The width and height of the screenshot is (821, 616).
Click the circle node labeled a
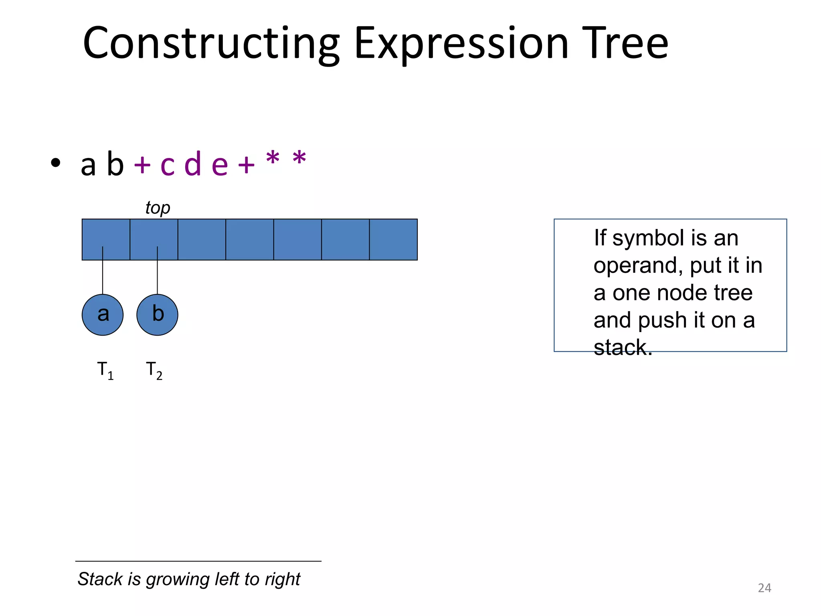103,315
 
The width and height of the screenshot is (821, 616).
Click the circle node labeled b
157,315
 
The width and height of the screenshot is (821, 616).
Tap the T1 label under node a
105,370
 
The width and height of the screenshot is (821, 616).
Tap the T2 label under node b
154,370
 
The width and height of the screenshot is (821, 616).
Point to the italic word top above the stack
158,208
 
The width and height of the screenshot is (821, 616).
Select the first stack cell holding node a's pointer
106,239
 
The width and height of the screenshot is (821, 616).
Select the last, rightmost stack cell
393,239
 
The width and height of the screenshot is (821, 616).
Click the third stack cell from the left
202,239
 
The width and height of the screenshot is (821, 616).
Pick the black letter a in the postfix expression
88,165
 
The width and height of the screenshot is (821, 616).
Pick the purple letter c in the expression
168,165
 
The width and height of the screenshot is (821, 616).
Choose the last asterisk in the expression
299,159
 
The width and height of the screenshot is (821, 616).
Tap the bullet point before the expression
56,163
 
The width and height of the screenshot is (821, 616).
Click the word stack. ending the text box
623,347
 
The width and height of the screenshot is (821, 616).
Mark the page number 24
764,588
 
